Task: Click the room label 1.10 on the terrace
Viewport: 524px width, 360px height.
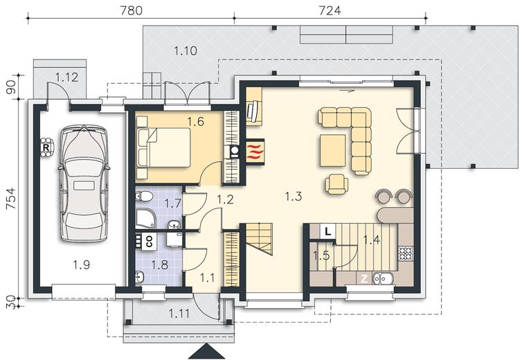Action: (x=186, y=51)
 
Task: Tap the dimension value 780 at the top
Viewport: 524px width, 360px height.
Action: (x=132, y=10)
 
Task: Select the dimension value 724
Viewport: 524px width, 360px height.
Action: (x=330, y=10)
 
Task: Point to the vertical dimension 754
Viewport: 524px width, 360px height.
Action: (x=11, y=199)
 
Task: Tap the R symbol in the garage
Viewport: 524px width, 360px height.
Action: (x=46, y=147)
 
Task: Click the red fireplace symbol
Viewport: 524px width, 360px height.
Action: (x=255, y=152)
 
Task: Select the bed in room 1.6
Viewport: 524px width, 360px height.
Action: (x=164, y=147)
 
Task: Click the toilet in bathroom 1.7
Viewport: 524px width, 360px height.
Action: (x=143, y=195)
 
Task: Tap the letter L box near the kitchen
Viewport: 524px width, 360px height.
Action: (x=328, y=231)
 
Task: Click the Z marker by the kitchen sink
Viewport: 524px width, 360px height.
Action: (x=364, y=279)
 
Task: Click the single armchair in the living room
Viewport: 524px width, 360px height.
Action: (x=336, y=184)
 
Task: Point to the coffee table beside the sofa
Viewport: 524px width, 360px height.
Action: (x=333, y=150)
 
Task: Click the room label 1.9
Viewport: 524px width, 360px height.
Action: (x=82, y=265)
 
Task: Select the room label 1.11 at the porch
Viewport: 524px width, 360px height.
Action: (x=179, y=314)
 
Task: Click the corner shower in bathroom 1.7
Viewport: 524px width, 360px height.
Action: (x=145, y=219)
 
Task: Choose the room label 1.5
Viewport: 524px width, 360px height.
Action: (x=321, y=255)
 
